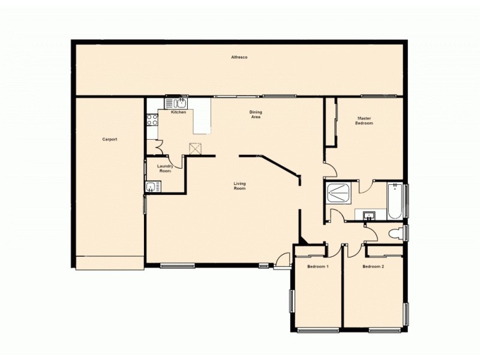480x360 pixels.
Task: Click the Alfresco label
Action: [240, 57]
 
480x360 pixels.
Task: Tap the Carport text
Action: [109, 139]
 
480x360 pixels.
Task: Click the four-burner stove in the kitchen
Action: [152, 119]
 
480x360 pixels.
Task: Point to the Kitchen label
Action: [178, 113]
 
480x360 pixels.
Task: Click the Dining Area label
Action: [256, 114]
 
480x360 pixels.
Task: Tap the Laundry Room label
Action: [165, 169]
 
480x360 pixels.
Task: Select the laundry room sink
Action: [150, 187]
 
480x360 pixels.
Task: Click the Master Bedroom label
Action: [364, 121]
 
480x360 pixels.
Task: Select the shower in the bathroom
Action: [340, 193]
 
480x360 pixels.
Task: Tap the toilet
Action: [395, 232]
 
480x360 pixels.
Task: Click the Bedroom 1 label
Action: [317, 266]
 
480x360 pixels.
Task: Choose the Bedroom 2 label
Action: [373, 266]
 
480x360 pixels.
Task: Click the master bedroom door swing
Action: [330, 170]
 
